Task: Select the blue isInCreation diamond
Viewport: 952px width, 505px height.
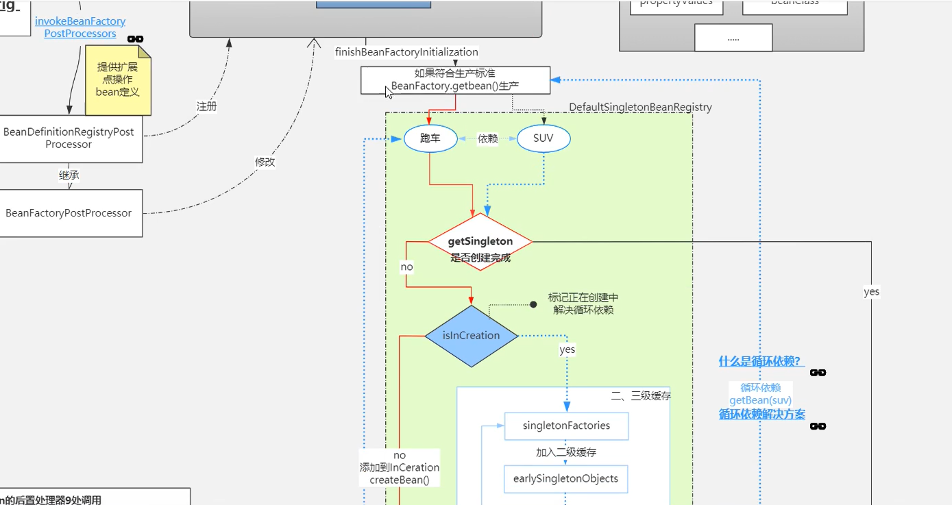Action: tap(471, 336)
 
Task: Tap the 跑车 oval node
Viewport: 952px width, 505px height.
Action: tap(430, 139)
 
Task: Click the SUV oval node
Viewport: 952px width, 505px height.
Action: tap(543, 139)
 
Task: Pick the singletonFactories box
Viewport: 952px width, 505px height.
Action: tap(566, 426)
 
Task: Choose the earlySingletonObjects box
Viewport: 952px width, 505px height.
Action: tap(565, 478)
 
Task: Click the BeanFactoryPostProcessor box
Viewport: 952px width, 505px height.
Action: tap(69, 213)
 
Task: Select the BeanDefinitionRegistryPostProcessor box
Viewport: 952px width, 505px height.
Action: tap(69, 138)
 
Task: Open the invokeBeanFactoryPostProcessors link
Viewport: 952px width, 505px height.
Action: tap(80, 27)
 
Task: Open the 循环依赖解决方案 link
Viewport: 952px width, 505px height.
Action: tap(761, 414)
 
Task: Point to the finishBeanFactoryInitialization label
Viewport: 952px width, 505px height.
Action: tap(406, 52)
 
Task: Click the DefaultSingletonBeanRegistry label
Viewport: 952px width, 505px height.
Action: tap(640, 108)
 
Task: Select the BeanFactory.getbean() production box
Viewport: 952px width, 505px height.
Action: tap(455, 80)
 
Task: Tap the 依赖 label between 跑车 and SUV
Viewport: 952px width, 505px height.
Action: tap(487, 139)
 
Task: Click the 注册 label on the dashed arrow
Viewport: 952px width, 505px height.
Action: tap(206, 107)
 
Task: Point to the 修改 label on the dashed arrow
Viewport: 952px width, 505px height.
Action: tap(265, 162)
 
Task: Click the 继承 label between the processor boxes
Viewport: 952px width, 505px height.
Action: tap(69, 175)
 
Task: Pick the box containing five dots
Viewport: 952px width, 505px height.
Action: tap(733, 38)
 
